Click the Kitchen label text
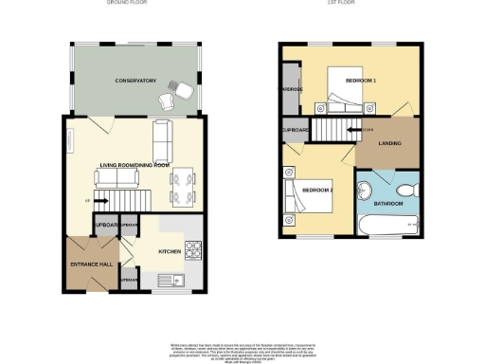(x=170, y=251)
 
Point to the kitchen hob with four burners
(x=192, y=251)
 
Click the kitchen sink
(x=174, y=281)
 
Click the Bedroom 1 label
(x=360, y=81)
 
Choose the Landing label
(x=388, y=143)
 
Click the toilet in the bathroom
(x=407, y=186)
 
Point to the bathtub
(x=388, y=225)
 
